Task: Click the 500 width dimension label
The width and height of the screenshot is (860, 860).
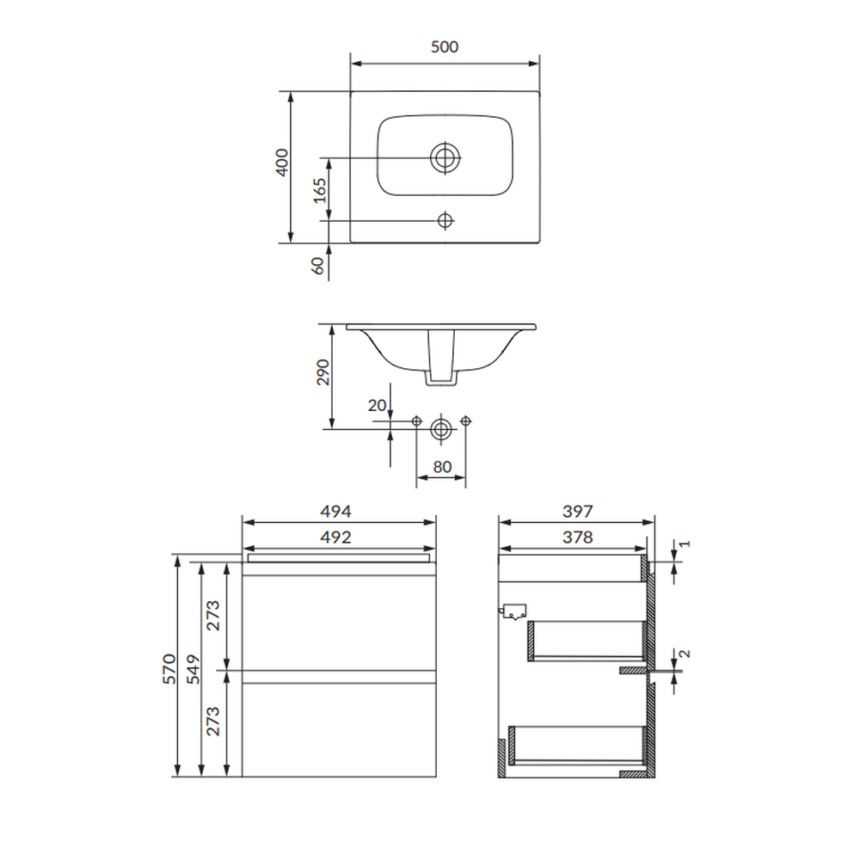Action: click(x=445, y=47)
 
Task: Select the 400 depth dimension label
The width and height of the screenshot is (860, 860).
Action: click(x=281, y=163)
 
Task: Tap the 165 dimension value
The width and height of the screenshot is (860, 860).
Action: click(x=320, y=190)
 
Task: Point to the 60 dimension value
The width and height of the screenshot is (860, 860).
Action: click(x=317, y=266)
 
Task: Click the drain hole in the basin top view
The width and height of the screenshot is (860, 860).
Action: click(x=445, y=158)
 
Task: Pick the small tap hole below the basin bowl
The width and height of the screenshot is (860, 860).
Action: click(x=445, y=220)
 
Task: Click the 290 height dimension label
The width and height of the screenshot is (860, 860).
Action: click(x=323, y=372)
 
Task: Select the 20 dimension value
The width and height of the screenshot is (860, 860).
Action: click(x=377, y=405)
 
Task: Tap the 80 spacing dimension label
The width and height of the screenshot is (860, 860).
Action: click(x=442, y=467)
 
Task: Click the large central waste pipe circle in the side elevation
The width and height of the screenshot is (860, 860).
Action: click(x=441, y=429)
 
